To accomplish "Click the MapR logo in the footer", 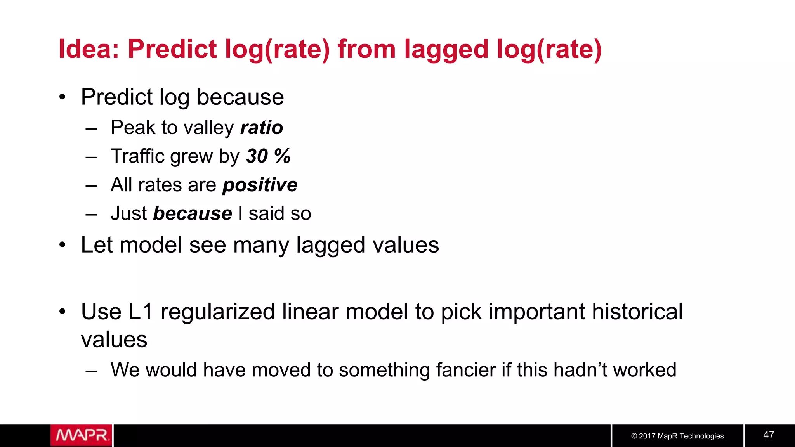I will [81, 435].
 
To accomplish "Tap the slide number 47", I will [769, 435].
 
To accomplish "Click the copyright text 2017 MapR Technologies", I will [677, 436].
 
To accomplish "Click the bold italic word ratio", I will [262, 128].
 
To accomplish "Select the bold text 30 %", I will [268, 156].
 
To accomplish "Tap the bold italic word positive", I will [260, 185].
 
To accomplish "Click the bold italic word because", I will [193, 213].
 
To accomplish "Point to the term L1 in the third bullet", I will [140, 312].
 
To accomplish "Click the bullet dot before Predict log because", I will [62, 97].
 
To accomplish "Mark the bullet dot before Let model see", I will [62, 245].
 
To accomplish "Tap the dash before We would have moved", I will [91, 371].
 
